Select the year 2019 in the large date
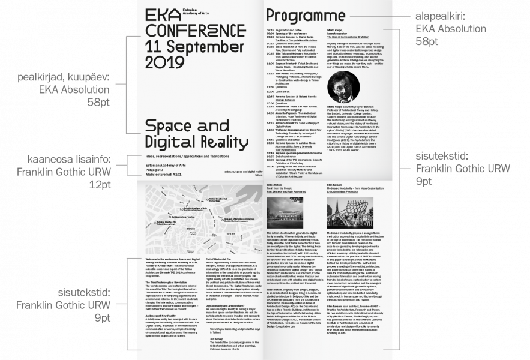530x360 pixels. (x=159, y=61)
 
